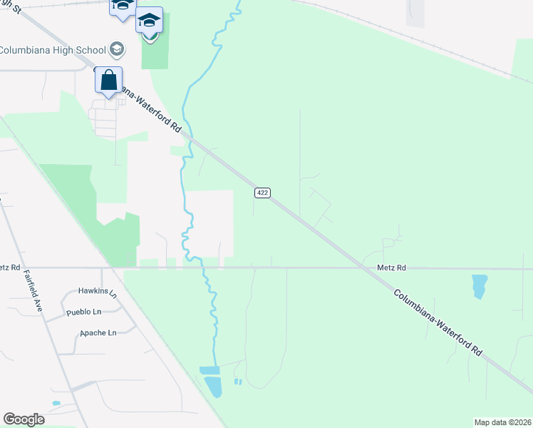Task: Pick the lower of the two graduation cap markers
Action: (x=149, y=21)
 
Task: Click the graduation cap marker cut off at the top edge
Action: (x=122, y=6)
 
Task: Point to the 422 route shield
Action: (x=262, y=193)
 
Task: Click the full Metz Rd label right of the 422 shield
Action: (x=391, y=267)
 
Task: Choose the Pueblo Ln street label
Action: (x=83, y=312)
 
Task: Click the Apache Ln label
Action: (x=98, y=332)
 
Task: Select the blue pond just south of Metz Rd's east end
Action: (x=479, y=285)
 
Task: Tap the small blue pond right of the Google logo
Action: (x=56, y=404)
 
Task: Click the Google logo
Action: (x=24, y=419)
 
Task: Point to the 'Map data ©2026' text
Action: (x=502, y=422)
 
